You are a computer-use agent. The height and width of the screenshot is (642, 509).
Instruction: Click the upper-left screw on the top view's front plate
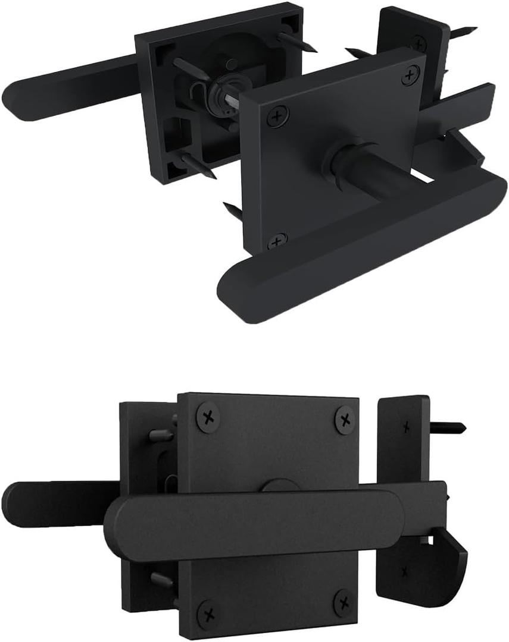tap(276, 117)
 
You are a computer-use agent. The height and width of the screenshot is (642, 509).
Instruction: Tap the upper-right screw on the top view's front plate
tap(409, 75)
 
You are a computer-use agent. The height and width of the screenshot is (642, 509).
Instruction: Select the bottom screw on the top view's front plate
tap(276, 241)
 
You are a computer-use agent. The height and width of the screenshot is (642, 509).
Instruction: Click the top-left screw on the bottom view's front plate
tap(208, 418)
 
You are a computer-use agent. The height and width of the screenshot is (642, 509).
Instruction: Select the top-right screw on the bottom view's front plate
tap(344, 420)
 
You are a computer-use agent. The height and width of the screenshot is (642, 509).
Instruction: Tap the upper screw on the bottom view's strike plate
tap(405, 427)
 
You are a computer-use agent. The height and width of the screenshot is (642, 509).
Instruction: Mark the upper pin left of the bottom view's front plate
tap(160, 436)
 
